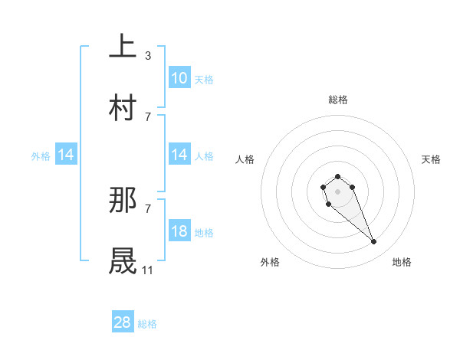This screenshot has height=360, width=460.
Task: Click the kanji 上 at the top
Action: click(123, 47)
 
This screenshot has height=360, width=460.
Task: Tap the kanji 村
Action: click(123, 108)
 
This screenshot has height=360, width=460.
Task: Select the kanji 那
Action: click(123, 200)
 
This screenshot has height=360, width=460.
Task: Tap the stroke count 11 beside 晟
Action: click(147, 270)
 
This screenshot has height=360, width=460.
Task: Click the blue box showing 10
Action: click(179, 78)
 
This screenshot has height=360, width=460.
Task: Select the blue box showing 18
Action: click(179, 231)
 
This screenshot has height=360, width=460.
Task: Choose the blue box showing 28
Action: click(123, 322)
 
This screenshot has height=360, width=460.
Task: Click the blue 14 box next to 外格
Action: click(66, 155)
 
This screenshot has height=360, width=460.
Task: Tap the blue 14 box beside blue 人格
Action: click(179, 155)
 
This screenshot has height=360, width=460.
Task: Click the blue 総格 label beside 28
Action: click(147, 324)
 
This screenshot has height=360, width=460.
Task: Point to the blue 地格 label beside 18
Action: click(204, 232)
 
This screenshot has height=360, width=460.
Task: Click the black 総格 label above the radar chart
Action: click(338, 100)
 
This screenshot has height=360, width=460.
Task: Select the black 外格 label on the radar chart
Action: click(270, 262)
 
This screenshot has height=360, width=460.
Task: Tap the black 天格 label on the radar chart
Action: click(431, 159)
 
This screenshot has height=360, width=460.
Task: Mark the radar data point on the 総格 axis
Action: click(338, 177)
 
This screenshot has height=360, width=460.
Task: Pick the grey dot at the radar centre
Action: click(338, 191)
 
